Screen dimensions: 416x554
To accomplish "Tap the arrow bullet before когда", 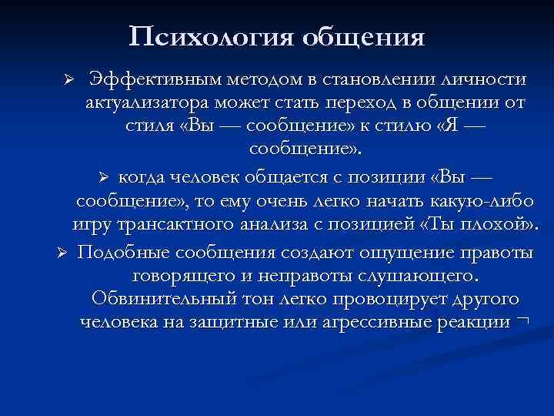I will coord(108,176).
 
